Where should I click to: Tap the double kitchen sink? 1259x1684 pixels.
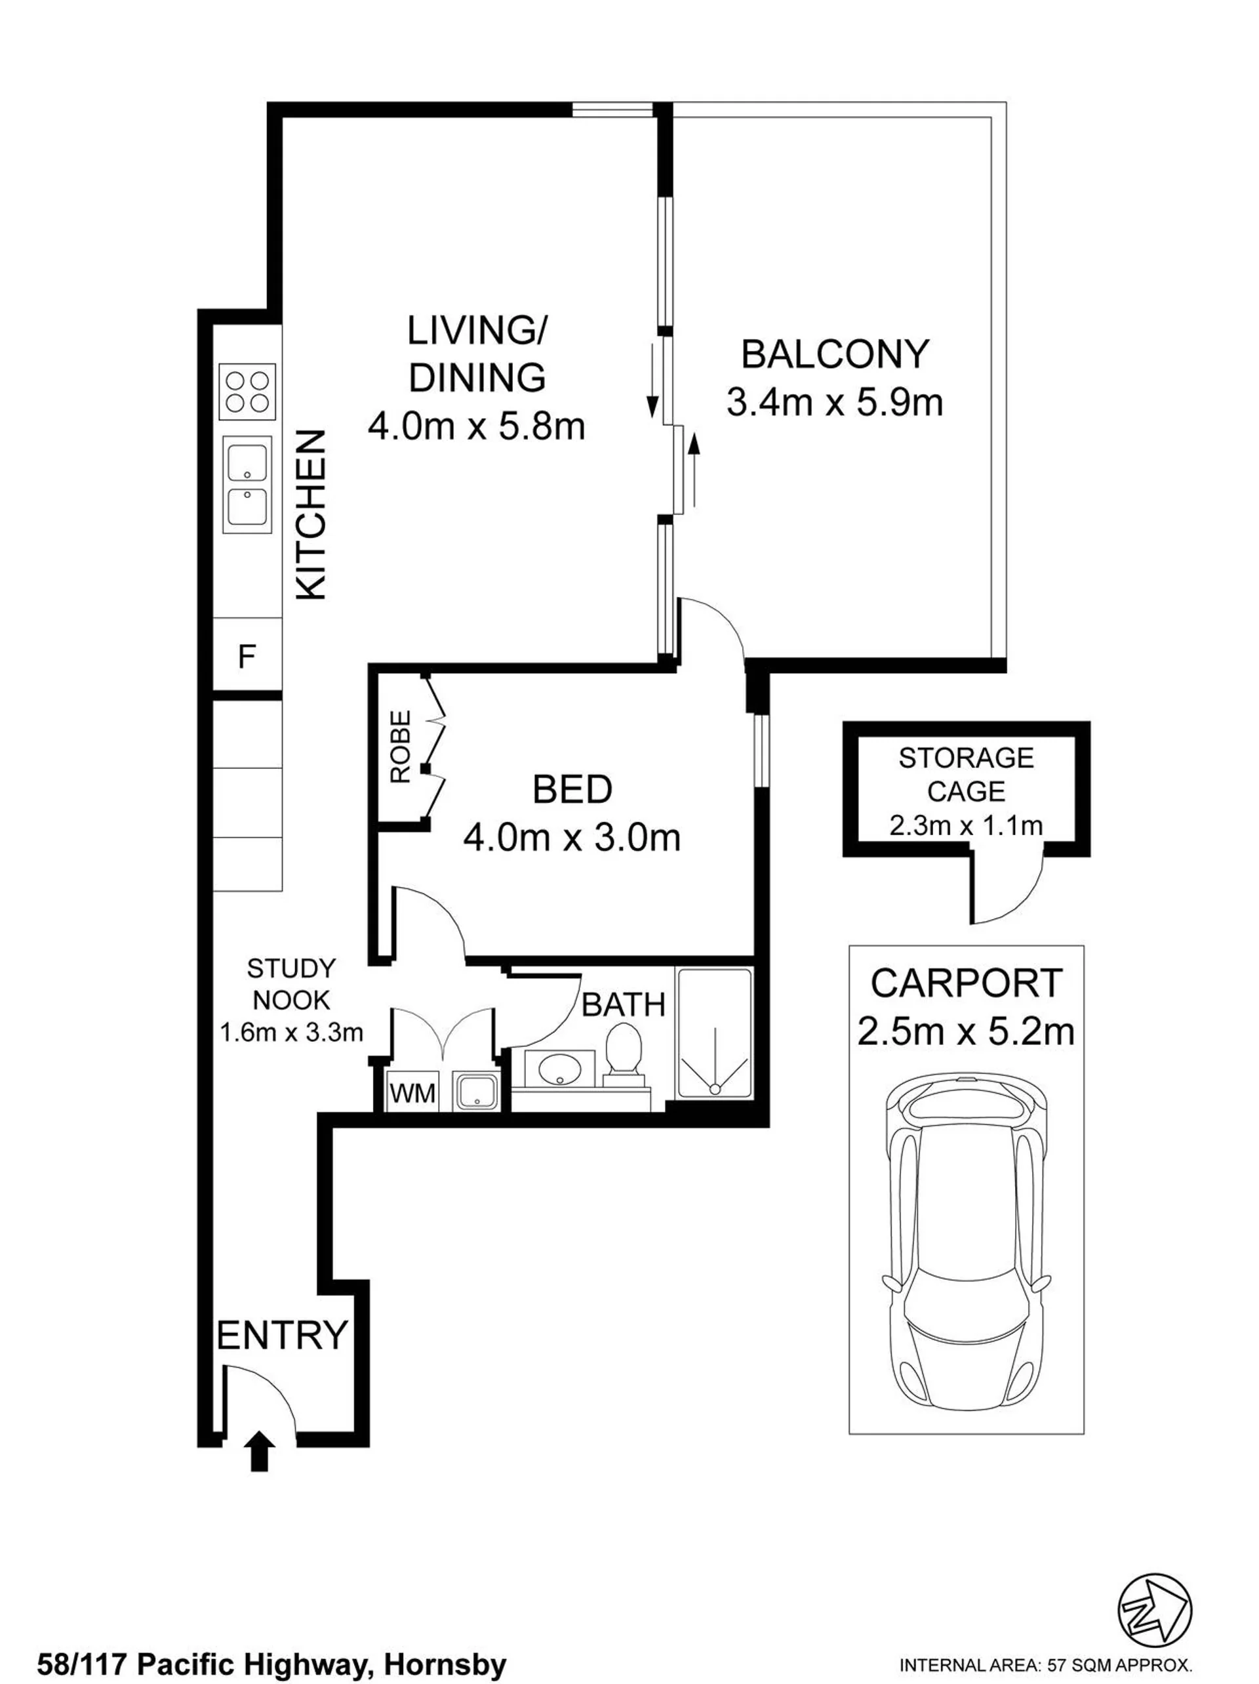pos(247,484)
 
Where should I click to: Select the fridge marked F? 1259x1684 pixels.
pos(247,655)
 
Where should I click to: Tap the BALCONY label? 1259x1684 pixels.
pos(835,355)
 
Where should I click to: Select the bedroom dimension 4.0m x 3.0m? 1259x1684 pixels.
pos(572,838)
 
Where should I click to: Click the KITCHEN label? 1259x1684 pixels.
pos(311,516)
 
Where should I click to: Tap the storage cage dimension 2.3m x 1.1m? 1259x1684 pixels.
pos(966,825)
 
